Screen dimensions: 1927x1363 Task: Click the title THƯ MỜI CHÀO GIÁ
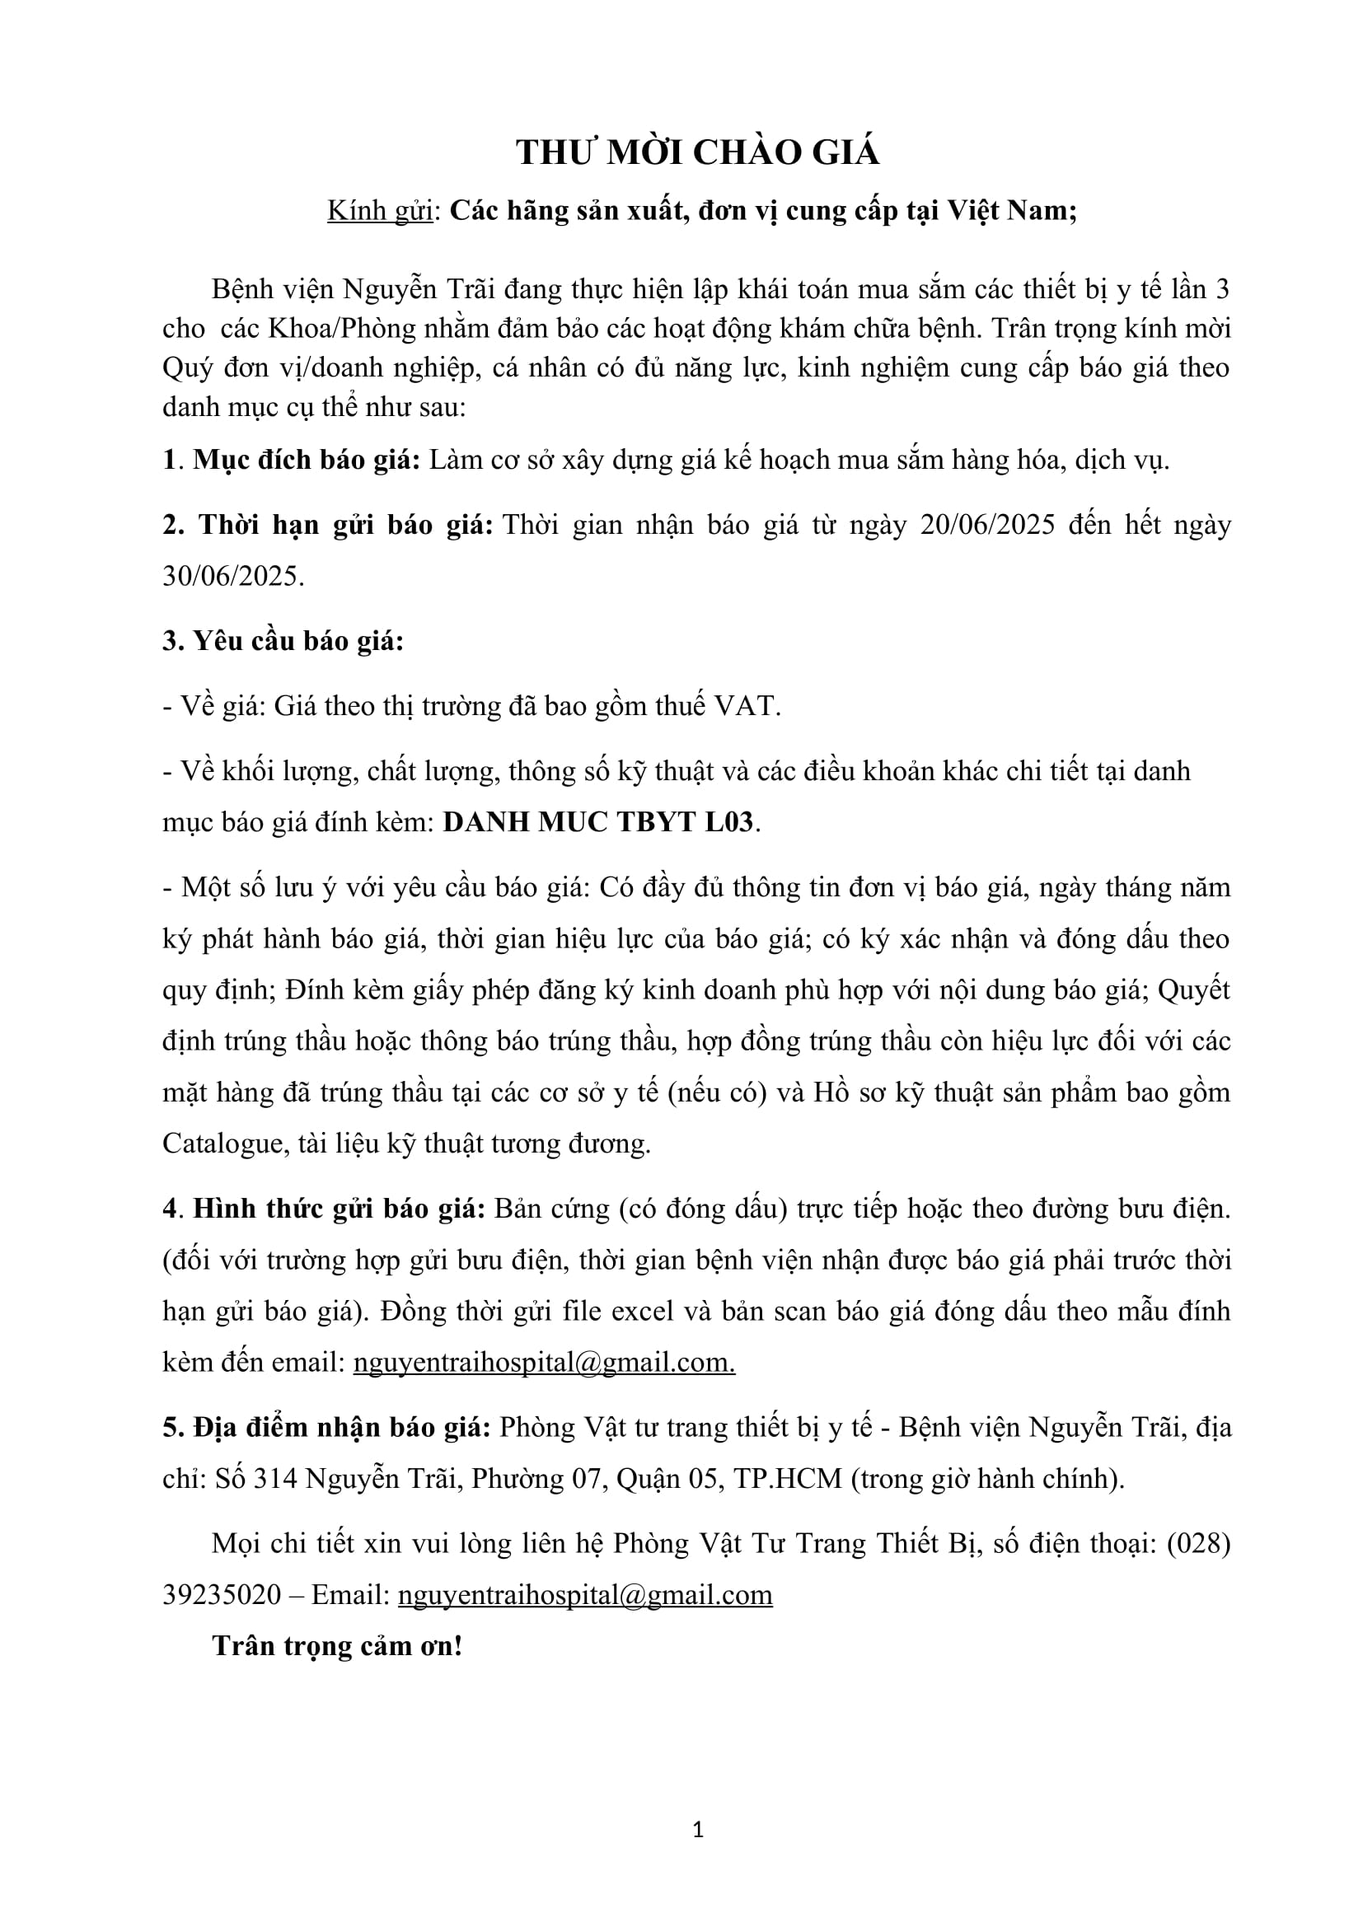coord(697,152)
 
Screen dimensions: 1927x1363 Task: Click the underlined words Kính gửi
coord(379,210)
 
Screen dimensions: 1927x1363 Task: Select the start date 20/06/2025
coord(987,525)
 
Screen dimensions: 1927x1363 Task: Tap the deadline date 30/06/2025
coord(232,576)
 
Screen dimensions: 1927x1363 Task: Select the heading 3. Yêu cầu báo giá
coord(283,641)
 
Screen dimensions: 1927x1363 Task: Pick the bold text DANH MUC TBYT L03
coord(598,821)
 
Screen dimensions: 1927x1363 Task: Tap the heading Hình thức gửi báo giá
coord(339,1209)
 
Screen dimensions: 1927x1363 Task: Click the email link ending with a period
coord(544,1362)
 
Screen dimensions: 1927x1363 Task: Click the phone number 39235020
coord(222,1595)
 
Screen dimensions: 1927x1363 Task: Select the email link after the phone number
coord(585,1595)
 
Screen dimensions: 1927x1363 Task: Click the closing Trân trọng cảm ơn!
coord(337,1646)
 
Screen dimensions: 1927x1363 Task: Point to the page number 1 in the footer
coord(698,1830)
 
